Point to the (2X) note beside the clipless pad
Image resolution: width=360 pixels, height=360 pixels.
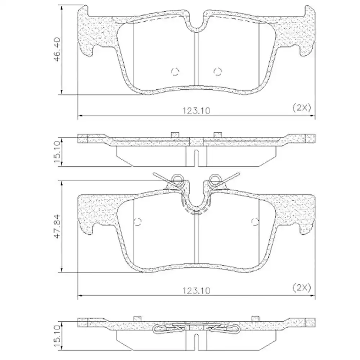pos(301,108)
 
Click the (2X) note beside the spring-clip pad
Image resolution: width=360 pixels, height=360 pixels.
pos(301,287)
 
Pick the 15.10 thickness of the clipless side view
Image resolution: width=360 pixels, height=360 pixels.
pos(57,152)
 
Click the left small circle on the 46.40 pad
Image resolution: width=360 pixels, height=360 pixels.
pos(175,72)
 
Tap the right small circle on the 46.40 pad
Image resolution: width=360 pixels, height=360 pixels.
pos(217,72)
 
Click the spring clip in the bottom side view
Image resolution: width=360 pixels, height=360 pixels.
pos(196,329)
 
